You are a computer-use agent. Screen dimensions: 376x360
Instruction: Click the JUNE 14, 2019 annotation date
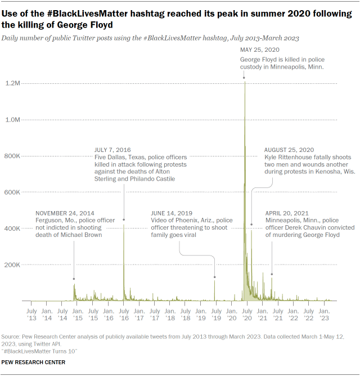[171, 213]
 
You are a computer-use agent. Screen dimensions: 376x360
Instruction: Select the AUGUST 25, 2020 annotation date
[289, 150]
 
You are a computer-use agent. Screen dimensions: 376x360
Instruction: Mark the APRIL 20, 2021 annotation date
[287, 213]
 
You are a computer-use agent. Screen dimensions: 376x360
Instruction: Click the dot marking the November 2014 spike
[74, 279]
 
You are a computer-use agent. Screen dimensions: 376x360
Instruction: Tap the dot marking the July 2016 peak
[124, 220]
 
